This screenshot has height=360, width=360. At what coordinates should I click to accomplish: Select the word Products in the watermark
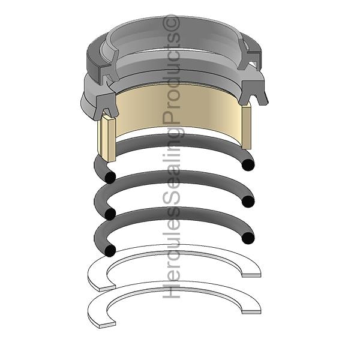[172, 76]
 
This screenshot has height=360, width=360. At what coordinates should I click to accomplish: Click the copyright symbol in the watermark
[172, 23]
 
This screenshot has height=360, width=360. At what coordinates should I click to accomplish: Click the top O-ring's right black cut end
[248, 165]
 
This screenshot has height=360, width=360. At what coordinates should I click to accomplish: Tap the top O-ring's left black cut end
[110, 178]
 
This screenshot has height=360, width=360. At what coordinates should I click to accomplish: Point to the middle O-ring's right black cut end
[248, 202]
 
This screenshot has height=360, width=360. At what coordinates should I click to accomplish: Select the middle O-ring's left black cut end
[110, 214]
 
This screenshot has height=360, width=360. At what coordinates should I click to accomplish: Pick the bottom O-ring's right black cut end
[248, 238]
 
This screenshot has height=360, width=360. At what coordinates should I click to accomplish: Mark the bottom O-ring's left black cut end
[110, 250]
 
